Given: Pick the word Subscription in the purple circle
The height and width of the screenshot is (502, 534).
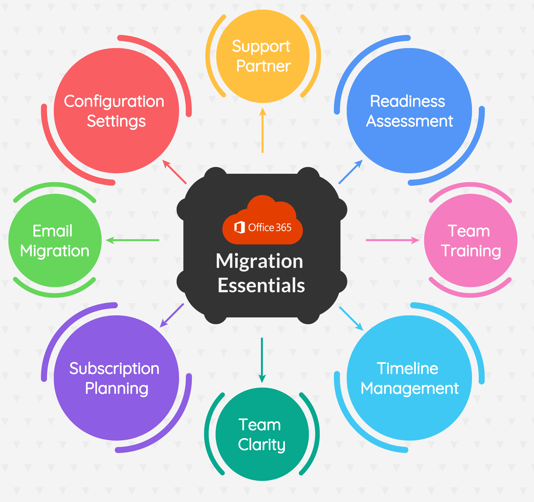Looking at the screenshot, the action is [114, 369].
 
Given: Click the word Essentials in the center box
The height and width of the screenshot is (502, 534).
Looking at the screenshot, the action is [261, 285].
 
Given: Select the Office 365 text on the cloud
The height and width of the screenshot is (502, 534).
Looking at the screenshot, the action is [270, 228].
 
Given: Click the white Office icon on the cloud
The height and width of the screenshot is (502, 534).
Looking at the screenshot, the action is [239, 228].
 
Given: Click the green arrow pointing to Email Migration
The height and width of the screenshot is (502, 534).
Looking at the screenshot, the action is [132, 240].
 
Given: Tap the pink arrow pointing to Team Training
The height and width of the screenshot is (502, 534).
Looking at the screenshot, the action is [392, 240].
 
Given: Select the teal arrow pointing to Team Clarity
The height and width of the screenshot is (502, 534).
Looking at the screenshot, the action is [262, 360].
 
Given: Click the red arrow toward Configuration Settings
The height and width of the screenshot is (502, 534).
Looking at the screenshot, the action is [174, 172].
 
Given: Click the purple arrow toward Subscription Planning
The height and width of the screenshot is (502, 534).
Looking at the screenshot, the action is [172, 315].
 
